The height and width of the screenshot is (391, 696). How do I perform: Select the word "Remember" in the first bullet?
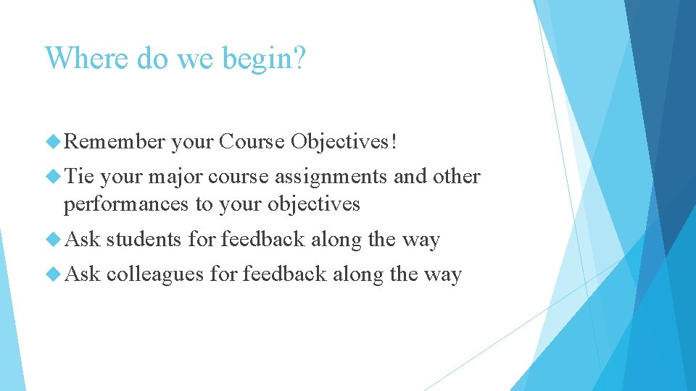point(115,142)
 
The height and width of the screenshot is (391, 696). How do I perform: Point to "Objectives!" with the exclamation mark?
point(344,142)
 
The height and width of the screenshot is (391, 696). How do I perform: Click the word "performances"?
point(126,204)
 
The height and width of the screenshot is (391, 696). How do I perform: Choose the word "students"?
point(144,240)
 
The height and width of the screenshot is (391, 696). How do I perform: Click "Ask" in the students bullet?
point(82,240)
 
